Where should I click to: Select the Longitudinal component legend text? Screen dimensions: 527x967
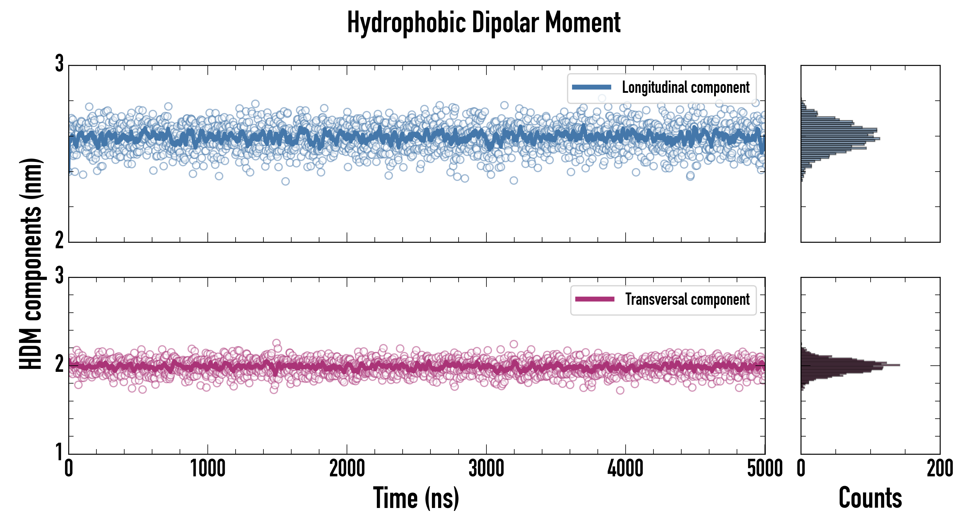pos(685,88)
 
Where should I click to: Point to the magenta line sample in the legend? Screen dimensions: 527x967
pos(595,299)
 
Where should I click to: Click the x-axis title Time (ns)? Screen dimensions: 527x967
pos(416,498)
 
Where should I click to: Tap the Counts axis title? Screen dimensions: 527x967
pos(870,498)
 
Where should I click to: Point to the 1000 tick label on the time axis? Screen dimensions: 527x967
pos(207,469)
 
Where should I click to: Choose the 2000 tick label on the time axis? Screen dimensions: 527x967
pos(347,469)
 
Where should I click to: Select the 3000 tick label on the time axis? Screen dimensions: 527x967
pos(486,469)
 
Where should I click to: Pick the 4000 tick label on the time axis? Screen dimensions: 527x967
pos(625,469)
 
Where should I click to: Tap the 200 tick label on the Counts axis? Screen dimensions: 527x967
pos(939,469)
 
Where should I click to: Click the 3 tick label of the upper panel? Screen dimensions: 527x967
pos(59,64)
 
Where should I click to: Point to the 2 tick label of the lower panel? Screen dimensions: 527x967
pos(59,364)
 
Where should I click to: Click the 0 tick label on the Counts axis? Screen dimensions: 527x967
pos(801,469)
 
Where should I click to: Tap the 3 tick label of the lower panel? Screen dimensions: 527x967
pos(59,276)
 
